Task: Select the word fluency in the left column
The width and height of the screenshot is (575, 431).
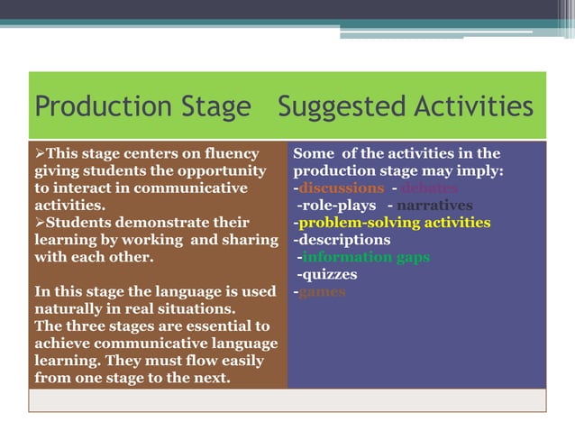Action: click(227, 154)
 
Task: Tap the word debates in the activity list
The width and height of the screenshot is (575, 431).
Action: click(428, 188)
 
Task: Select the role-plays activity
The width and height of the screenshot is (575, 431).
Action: click(335, 206)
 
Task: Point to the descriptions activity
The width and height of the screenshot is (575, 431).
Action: click(342, 240)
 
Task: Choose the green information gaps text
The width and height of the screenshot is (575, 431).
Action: click(365, 257)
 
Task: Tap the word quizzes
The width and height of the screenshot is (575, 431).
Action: click(327, 274)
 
